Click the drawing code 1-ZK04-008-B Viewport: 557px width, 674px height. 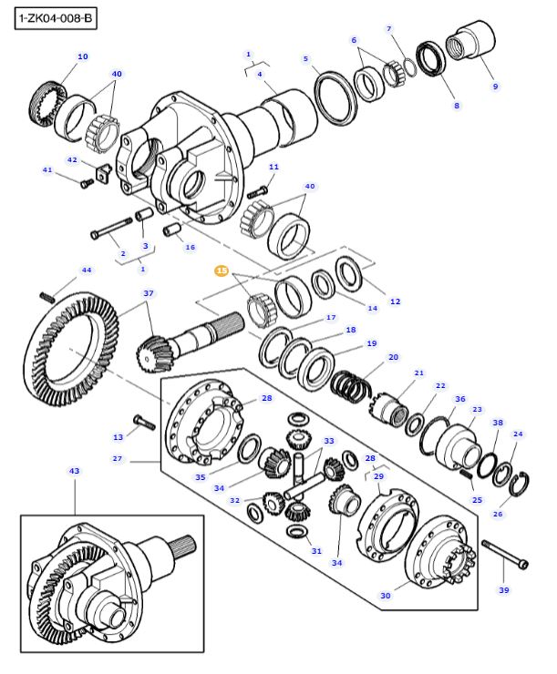pos(57,17)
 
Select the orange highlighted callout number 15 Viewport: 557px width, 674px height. pos(222,271)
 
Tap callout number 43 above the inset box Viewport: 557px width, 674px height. pos(75,471)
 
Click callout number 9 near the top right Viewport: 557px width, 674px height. pos(495,87)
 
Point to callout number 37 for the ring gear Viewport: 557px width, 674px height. pos(148,293)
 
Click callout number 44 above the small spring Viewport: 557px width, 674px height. pos(87,271)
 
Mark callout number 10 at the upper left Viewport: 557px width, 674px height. pos(82,56)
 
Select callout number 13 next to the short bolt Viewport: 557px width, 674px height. pos(118,437)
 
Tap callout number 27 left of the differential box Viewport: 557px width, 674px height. pos(118,459)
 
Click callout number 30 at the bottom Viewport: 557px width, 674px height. pos(386,596)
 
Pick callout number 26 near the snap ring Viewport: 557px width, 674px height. pos(497,515)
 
